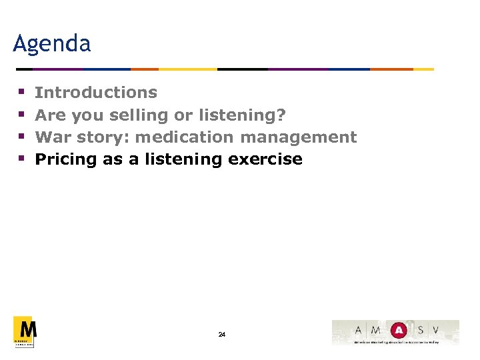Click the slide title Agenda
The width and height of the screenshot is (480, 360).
pos(52,44)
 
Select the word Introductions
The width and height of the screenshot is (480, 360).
pos(96,93)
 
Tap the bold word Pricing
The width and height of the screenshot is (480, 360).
pos(65,160)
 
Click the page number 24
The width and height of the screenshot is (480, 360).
pos(222,334)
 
